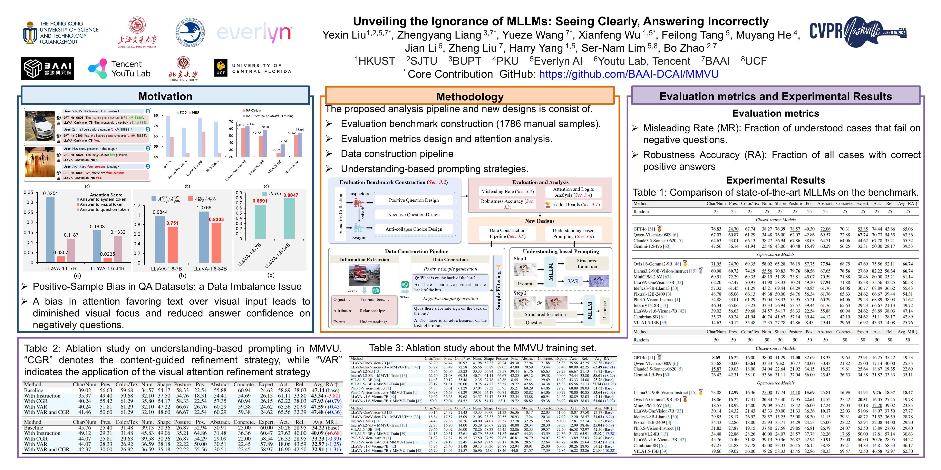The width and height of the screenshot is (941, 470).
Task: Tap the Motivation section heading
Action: click(165, 96)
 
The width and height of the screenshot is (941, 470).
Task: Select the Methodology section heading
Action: click(469, 97)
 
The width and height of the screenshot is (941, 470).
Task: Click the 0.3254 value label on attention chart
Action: click(50, 193)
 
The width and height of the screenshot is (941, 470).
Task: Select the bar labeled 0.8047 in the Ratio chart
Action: click(289, 218)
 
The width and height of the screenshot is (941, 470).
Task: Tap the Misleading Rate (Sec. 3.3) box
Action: click(507, 191)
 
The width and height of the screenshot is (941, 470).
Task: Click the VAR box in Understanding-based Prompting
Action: click(573, 281)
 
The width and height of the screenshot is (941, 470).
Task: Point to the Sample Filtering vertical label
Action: click(498, 291)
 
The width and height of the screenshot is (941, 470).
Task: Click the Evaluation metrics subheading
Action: click(776, 113)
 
